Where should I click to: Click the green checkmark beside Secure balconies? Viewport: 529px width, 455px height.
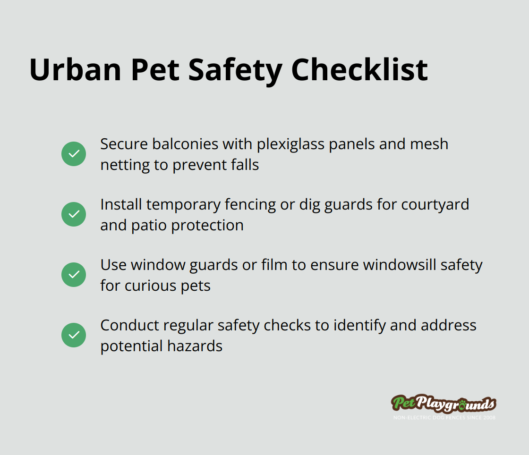coord(74,154)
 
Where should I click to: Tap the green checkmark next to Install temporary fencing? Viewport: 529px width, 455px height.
coord(74,214)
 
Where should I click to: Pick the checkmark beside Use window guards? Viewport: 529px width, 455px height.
coord(74,275)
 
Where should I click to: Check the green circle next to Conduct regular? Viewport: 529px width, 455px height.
coord(74,335)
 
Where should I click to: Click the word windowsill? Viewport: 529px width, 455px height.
coord(400,265)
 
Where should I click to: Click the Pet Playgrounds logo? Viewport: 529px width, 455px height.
coord(444,404)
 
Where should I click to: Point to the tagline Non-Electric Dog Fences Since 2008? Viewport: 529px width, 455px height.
coord(444,417)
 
